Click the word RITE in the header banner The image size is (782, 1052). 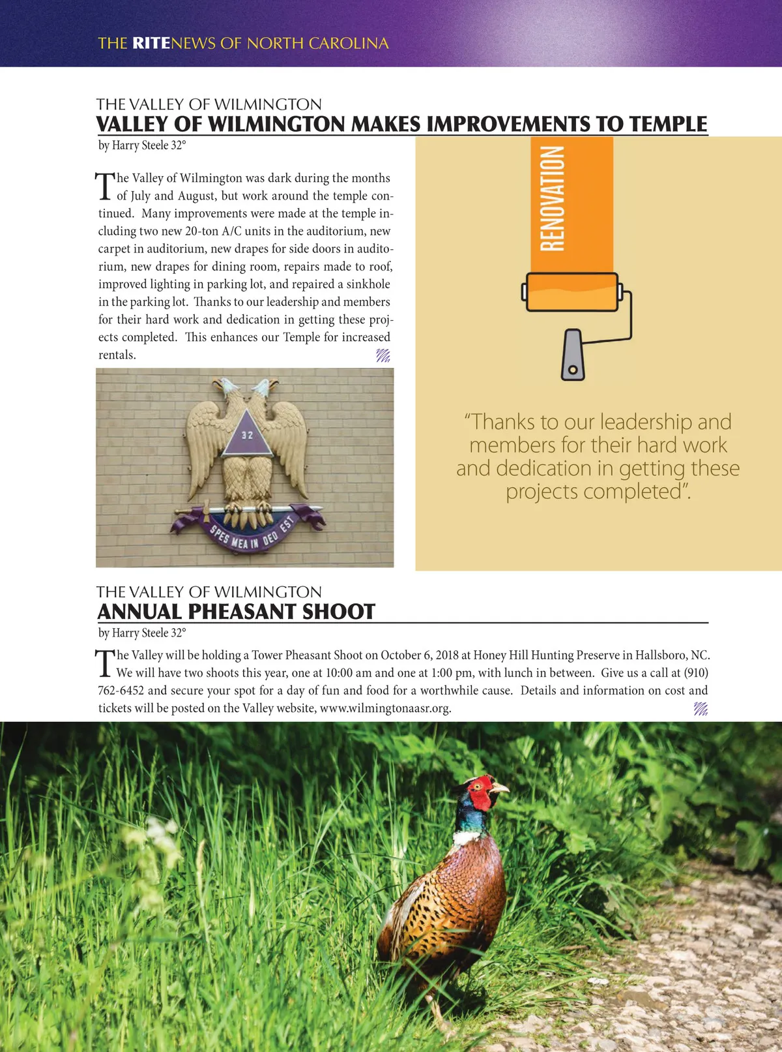pyautogui.click(x=151, y=43)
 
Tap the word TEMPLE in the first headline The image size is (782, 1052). pyautogui.click(x=668, y=124)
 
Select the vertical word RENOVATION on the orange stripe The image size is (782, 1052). pyautogui.click(x=553, y=198)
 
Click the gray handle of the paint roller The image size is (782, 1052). pyautogui.click(x=573, y=355)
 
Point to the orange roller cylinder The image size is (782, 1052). pyautogui.click(x=572, y=292)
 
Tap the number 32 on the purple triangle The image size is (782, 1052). pyautogui.click(x=247, y=435)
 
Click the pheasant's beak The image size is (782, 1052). pyautogui.click(x=500, y=789)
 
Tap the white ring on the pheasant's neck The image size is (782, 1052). pyautogui.click(x=468, y=835)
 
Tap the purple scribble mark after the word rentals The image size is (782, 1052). pyautogui.click(x=383, y=355)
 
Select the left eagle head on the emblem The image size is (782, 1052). pyautogui.click(x=226, y=389)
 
